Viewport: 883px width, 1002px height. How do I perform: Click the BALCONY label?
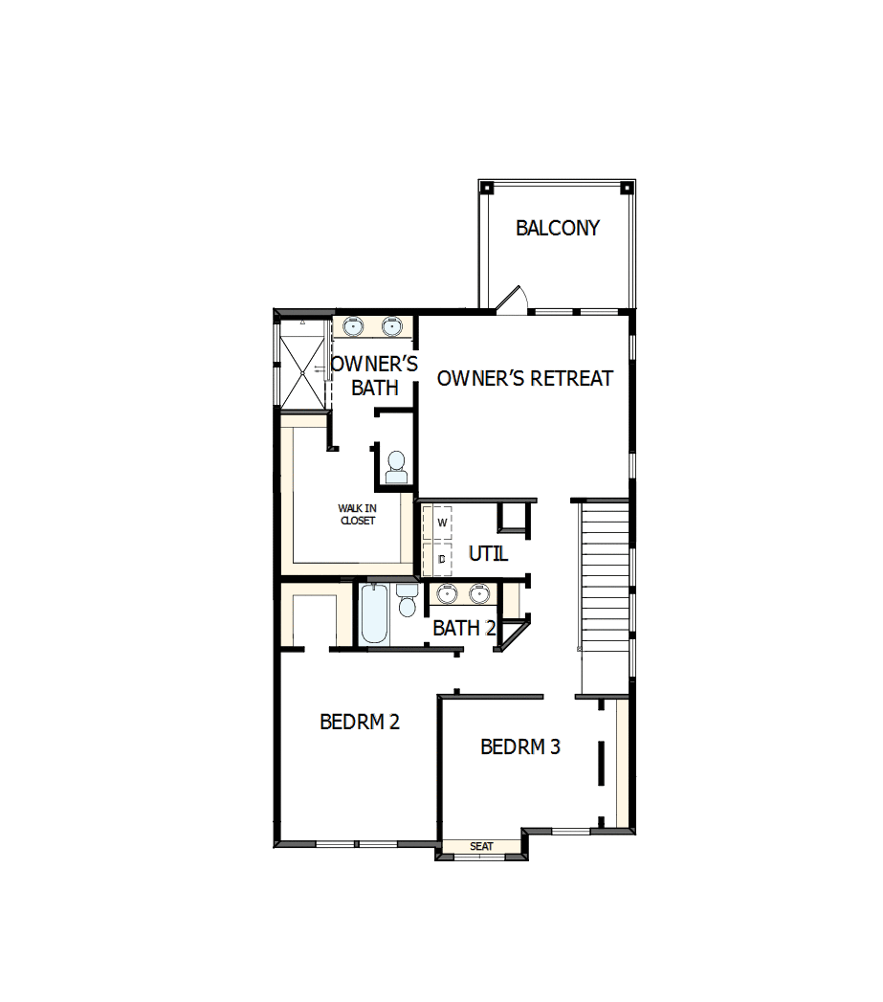(558, 228)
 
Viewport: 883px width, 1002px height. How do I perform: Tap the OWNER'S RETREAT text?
(524, 378)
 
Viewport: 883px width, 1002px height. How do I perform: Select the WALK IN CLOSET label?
(357, 514)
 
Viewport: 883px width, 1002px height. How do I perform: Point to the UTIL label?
(488, 554)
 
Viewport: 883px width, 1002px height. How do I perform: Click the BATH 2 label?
(464, 629)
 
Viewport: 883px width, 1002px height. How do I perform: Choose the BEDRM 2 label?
(360, 722)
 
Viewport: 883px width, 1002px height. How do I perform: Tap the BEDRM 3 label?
(520, 746)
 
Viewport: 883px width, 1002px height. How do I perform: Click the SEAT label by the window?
(481, 846)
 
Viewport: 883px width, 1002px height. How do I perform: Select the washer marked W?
(442, 523)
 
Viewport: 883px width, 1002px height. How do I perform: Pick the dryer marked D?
(442, 558)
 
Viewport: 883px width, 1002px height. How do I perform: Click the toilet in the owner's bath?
(396, 468)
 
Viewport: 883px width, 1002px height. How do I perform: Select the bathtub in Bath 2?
(375, 613)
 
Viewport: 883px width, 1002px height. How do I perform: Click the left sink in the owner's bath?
(353, 327)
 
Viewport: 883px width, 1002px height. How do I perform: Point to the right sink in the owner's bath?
(391, 327)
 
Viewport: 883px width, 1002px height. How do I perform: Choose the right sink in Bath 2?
(478, 594)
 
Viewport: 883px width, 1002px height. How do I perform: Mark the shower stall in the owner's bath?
(303, 366)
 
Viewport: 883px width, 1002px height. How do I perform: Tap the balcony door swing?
(511, 300)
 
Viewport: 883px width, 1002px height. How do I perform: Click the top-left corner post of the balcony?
(485, 187)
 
